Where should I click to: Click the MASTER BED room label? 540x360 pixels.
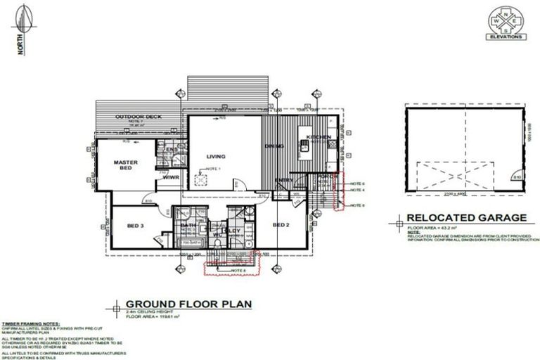125,165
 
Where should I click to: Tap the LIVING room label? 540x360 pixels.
214,157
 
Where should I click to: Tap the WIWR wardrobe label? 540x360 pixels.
172,178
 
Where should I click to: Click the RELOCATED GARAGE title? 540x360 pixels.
466,218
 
